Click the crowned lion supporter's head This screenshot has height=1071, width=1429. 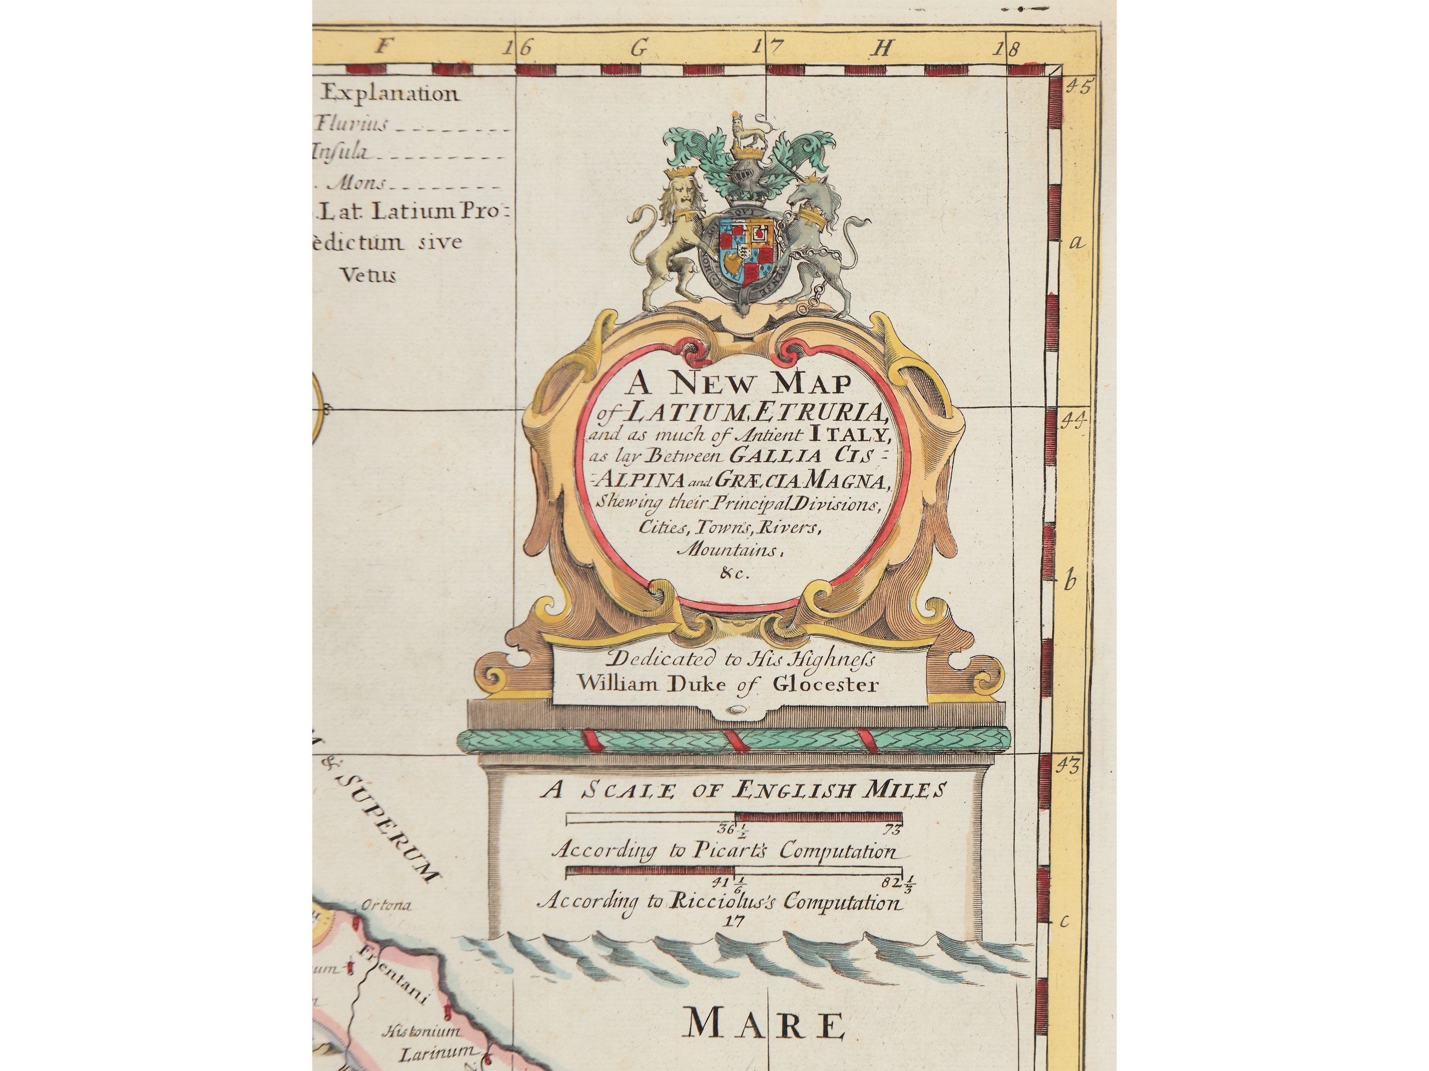pyautogui.click(x=677, y=195)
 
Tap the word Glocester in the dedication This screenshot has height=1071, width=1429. pyautogui.click(x=825, y=684)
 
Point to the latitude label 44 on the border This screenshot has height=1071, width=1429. pyautogui.click(x=1073, y=421)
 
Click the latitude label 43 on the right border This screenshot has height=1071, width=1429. pyautogui.click(x=1068, y=766)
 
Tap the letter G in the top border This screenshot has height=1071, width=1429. pyautogui.click(x=639, y=49)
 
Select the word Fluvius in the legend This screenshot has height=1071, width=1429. pyautogui.click(x=352, y=123)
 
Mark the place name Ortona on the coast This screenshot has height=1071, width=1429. pyautogui.click(x=386, y=905)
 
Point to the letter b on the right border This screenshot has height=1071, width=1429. pyautogui.click(x=1070, y=582)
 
